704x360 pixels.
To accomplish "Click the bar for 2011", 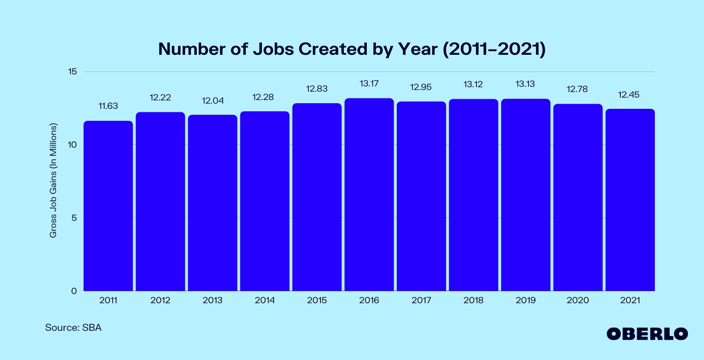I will coord(108,206).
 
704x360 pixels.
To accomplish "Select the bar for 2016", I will coord(369,195).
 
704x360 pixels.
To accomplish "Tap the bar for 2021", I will coord(630,200).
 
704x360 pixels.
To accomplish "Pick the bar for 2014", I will coord(264,201).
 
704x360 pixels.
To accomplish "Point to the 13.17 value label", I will coord(369,84).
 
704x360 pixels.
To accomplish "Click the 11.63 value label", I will coord(108,106).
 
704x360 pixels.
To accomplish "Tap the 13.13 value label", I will coord(525,84).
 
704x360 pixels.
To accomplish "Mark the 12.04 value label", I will coord(212,101).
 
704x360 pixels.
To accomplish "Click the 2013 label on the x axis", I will coord(212,300).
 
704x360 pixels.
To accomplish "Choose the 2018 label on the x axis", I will coord(473,300).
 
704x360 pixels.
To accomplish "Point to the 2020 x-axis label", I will coord(578,300).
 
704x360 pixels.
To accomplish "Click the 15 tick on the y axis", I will coord(72,72).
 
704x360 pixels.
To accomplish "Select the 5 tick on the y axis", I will coord(74,218).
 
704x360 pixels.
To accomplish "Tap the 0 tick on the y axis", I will coord(74,291).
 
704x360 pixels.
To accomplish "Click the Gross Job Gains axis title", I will coord(53,180).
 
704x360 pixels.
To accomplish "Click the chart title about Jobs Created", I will coord(352,49).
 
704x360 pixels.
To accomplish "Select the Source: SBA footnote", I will coord(73,328).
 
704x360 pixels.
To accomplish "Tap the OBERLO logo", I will coord(647,334).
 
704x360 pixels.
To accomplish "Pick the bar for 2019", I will coord(526,195).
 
